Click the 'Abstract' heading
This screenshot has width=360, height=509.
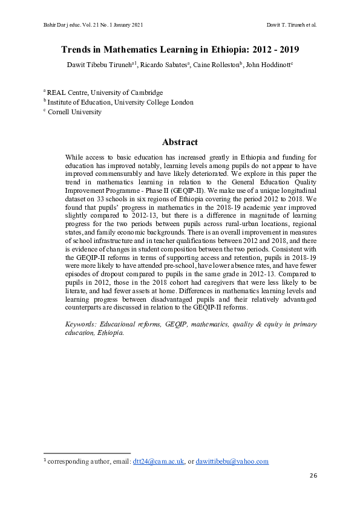pyautogui.click(x=180, y=142)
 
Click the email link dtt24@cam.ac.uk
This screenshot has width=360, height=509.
pyautogui.click(x=159, y=461)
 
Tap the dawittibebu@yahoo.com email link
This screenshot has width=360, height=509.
pyautogui.click(x=232, y=461)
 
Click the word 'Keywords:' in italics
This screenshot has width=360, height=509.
pyautogui.click(x=81, y=325)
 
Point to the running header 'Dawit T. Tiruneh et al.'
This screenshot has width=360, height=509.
pyautogui.click(x=292, y=25)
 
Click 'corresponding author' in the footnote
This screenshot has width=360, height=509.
pyautogui.click(x=76, y=461)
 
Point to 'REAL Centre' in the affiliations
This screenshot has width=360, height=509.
pyautogui.click(x=65, y=92)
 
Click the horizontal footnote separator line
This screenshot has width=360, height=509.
pyautogui.click(x=87, y=453)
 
